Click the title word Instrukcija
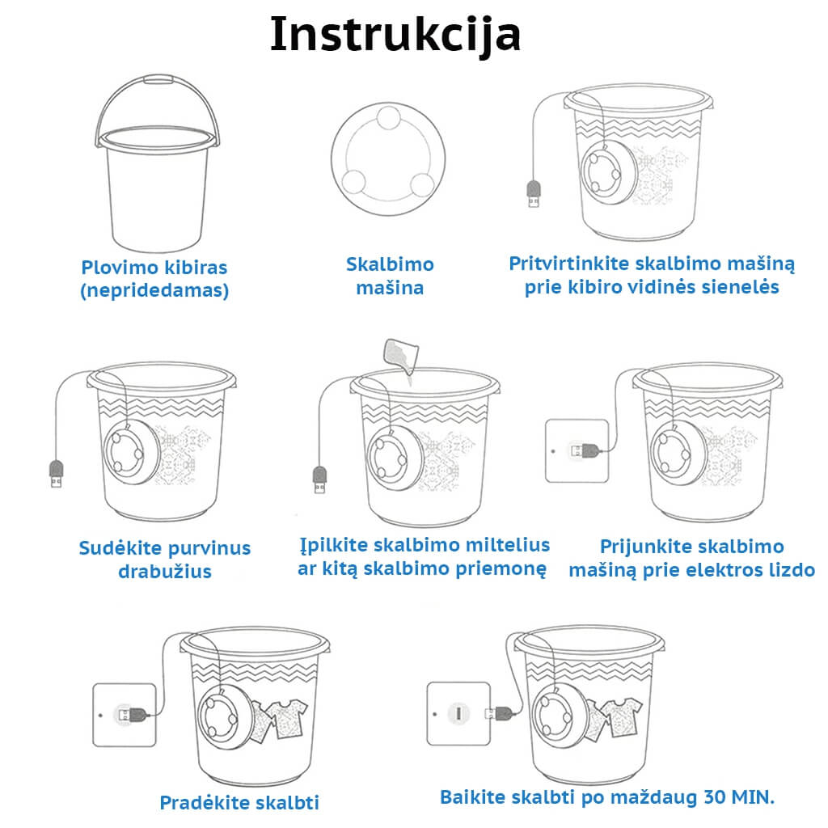pyautogui.click(x=395, y=35)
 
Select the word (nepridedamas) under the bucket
pyautogui.click(x=154, y=290)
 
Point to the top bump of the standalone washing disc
pyautogui.click(x=389, y=118)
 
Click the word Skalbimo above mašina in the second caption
pyautogui.click(x=390, y=264)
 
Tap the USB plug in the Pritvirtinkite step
pyautogui.click(x=534, y=194)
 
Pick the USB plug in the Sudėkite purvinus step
pyautogui.click(x=56, y=474)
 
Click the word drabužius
pyautogui.click(x=165, y=572)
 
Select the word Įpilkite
pyautogui.click(x=325, y=546)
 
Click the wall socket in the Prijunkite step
pyautogui.click(x=577, y=451)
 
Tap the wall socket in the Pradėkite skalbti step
pyautogui.click(x=125, y=715)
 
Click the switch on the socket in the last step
pyautogui.click(x=458, y=713)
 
